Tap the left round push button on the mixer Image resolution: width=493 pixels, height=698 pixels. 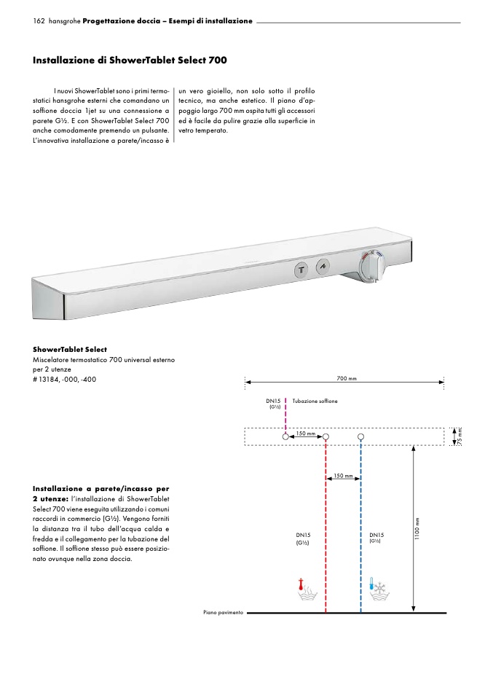300,269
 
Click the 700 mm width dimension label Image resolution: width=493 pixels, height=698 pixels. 347,378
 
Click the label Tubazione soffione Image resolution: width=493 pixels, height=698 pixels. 315,401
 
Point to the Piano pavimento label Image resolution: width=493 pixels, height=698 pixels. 223,613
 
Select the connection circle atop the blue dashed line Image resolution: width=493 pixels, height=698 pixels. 361,436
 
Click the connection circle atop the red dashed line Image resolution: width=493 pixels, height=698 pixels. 326,436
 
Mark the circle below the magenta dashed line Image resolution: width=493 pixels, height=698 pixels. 285,436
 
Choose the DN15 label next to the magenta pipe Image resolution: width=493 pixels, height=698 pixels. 273,401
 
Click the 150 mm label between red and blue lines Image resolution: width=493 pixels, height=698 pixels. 343,476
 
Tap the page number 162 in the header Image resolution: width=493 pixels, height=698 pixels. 39,20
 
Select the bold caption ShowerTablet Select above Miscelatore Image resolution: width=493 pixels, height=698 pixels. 70,350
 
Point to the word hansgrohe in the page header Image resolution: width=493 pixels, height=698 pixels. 64,21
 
